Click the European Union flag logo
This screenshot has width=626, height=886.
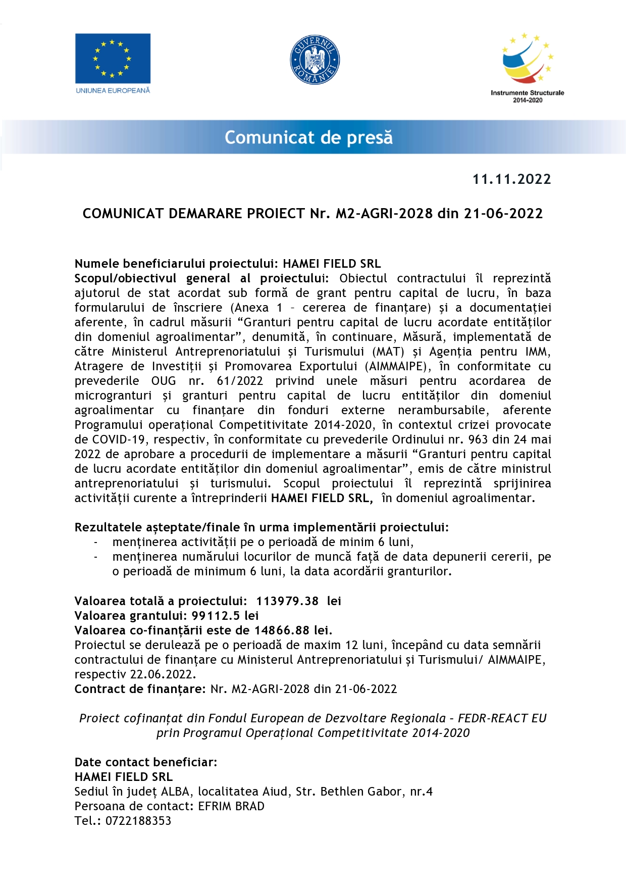click(113, 58)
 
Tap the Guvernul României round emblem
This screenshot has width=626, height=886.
click(315, 60)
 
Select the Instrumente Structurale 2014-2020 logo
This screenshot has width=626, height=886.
click(528, 68)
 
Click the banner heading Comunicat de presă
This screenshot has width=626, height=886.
click(308, 137)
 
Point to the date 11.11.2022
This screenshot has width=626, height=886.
click(511, 179)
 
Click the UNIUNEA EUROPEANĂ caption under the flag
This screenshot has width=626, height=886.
click(113, 91)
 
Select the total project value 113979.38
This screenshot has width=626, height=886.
click(287, 601)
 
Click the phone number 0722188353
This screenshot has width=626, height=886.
click(138, 821)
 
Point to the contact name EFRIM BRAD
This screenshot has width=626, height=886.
click(231, 806)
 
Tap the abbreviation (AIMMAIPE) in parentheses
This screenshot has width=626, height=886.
click(396, 366)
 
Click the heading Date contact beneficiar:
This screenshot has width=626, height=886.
click(146, 762)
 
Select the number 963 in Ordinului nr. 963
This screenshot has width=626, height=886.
click(479, 439)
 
